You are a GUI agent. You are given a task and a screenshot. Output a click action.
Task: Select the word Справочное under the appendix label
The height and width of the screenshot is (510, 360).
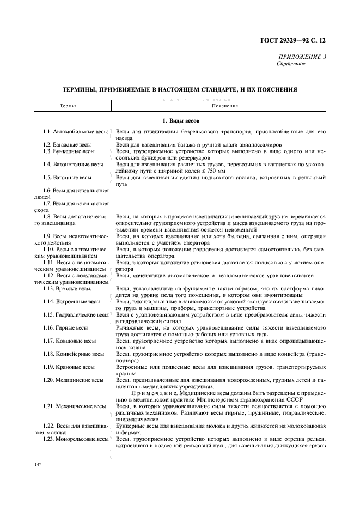point(291,64)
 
